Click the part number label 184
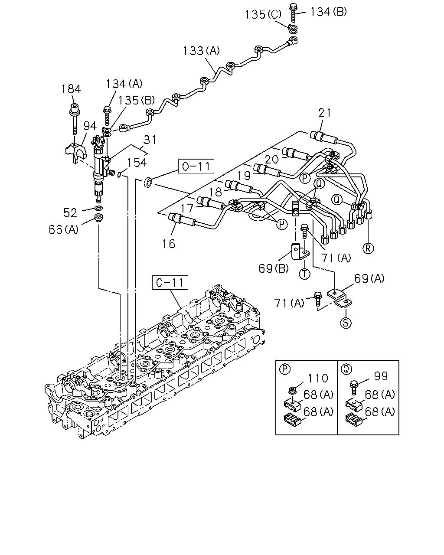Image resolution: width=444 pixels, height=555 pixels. click(71, 89)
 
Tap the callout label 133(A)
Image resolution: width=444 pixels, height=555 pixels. click(201, 51)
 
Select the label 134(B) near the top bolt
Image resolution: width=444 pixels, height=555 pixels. click(328, 12)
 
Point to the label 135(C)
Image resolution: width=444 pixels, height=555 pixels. click(263, 14)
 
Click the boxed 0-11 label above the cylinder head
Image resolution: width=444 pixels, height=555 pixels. click(170, 283)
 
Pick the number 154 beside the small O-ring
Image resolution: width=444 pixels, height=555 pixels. click(137, 163)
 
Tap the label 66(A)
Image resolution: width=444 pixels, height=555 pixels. click(63, 229)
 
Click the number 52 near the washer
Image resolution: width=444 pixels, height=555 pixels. click(70, 213)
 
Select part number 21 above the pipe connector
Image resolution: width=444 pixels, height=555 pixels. click(325, 113)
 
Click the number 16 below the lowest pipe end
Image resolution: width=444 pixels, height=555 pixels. click(169, 244)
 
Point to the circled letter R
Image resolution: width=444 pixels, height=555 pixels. click(368, 248)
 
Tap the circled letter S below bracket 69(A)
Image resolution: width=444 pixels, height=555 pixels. click(346, 323)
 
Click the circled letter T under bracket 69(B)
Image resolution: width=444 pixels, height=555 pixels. click(304, 274)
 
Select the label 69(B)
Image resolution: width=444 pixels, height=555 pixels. click(274, 268)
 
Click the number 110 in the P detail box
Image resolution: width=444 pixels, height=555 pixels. click(318, 378)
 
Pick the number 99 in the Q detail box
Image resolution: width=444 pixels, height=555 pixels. click(381, 376)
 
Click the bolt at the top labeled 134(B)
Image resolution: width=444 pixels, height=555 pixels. click(294, 13)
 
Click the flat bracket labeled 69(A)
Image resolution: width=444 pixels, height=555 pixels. click(339, 299)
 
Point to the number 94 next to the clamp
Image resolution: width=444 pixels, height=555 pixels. click(90, 126)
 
